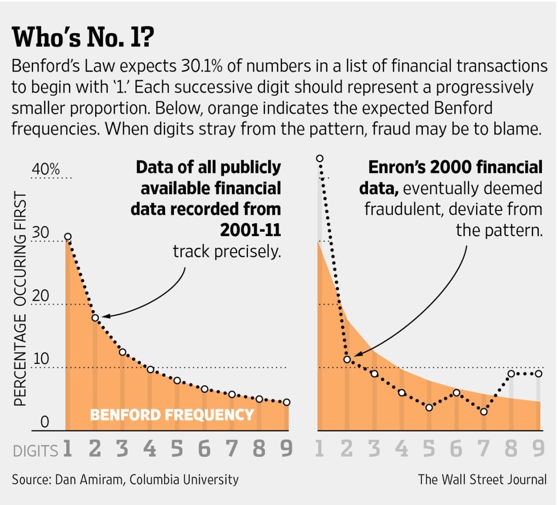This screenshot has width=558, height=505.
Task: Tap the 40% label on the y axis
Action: pyautogui.click(x=46, y=170)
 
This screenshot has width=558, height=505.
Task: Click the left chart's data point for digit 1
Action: pyautogui.click(x=68, y=237)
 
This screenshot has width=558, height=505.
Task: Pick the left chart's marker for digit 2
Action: pyautogui.click(x=96, y=318)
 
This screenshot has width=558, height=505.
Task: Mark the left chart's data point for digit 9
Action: pyautogui.click(x=287, y=402)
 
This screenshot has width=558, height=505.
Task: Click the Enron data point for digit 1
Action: pyautogui.click(x=320, y=159)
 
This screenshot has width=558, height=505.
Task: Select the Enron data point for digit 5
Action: pyautogui.click(x=429, y=408)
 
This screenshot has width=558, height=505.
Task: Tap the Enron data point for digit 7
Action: pyautogui.click(x=483, y=411)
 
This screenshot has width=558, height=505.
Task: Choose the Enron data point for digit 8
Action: pyautogui.click(x=511, y=374)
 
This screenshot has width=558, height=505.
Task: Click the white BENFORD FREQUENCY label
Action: pyautogui.click(x=172, y=415)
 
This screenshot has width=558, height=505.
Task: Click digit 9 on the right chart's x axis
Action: pyautogui.click(x=538, y=450)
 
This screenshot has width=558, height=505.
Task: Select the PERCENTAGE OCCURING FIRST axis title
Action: pyautogui.click(x=19, y=299)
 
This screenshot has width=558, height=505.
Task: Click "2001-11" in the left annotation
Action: pyautogui.click(x=250, y=230)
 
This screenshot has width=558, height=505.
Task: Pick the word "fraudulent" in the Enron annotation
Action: pyautogui.click(x=404, y=209)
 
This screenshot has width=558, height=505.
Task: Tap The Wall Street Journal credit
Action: pyautogui.click(x=482, y=479)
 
